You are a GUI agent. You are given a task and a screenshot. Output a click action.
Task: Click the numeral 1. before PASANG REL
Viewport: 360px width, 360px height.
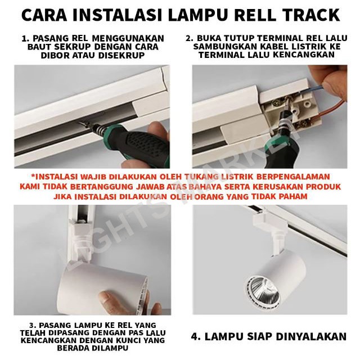25,38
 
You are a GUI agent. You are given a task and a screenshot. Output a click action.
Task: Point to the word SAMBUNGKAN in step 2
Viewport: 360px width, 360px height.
225,46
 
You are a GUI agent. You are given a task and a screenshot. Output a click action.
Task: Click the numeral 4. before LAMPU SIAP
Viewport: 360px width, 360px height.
196,336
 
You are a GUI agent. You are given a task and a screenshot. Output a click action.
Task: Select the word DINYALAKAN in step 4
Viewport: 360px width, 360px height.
311,336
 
